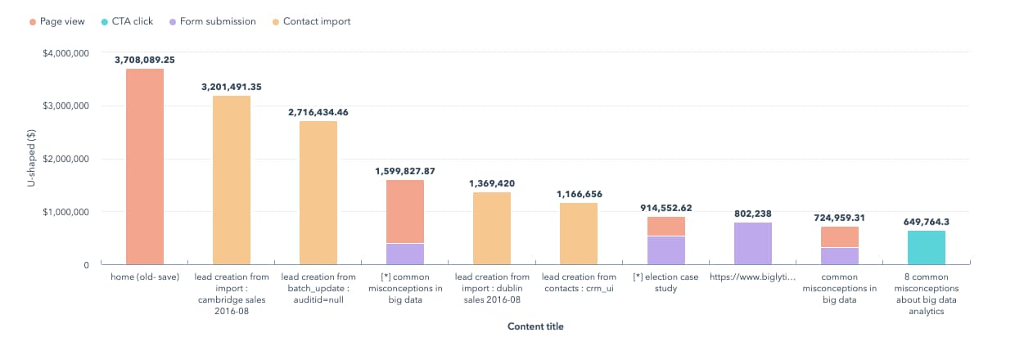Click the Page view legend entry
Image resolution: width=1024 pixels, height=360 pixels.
(x=61, y=21)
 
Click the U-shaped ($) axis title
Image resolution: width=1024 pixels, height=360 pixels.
(x=31, y=159)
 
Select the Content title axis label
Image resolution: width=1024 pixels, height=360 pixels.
(x=535, y=326)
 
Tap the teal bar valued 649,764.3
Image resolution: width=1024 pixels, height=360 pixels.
(x=927, y=247)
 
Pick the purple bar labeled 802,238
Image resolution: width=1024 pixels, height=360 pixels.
(x=753, y=243)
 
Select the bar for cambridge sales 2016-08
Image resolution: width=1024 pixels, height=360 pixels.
(x=232, y=180)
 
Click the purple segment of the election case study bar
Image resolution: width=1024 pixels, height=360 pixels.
(x=666, y=250)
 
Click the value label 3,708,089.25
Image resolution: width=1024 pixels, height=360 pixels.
(x=145, y=60)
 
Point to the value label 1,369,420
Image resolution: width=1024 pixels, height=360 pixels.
(x=492, y=183)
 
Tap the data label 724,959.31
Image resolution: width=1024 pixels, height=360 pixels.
(x=840, y=218)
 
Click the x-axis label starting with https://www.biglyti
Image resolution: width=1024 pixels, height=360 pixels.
(x=753, y=277)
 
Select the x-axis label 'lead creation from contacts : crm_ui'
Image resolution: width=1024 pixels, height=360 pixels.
(x=579, y=282)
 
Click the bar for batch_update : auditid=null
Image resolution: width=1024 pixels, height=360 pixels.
(x=318, y=192)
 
